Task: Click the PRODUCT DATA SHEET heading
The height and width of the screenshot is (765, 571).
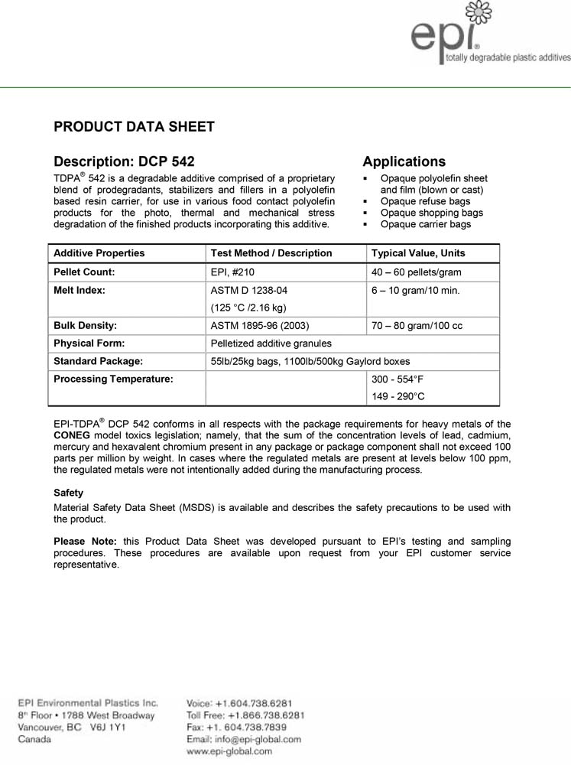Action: pyautogui.click(x=134, y=127)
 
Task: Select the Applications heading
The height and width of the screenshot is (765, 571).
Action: pyautogui.click(x=404, y=161)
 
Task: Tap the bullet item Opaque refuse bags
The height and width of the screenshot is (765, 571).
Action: pyautogui.click(x=425, y=201)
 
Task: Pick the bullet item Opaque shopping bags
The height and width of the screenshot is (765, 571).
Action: pyautogui.click(x=431, y=213)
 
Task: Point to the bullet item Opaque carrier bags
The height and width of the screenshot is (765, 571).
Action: pyautogui.click(x=425, y=224)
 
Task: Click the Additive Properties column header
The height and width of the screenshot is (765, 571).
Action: pyautogui.click(x=99, y=253)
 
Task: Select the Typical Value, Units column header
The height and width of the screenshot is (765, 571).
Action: pyautogui.click(x=417, y=253)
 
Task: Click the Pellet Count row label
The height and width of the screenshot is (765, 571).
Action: pyautogui.click(x=84, y=272)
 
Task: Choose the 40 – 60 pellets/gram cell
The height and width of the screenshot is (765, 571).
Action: pyautogui.click(x=416, y=272)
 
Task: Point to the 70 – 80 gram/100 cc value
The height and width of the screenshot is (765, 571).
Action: pyautogui.click(x=416, y=326)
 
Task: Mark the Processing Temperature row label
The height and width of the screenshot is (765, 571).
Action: pyautogui.click(x=113, y=379)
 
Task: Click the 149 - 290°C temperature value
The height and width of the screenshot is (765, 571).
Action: pyautogui.click(x=397, y=396)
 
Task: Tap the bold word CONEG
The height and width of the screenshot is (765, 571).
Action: pyautogui.click(x=73, y=435)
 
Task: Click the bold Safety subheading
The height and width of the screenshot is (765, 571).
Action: pyautogui.click(x=68, y=493)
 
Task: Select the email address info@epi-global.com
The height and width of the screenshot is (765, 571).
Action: pyautogui.click(x=244, y=740)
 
